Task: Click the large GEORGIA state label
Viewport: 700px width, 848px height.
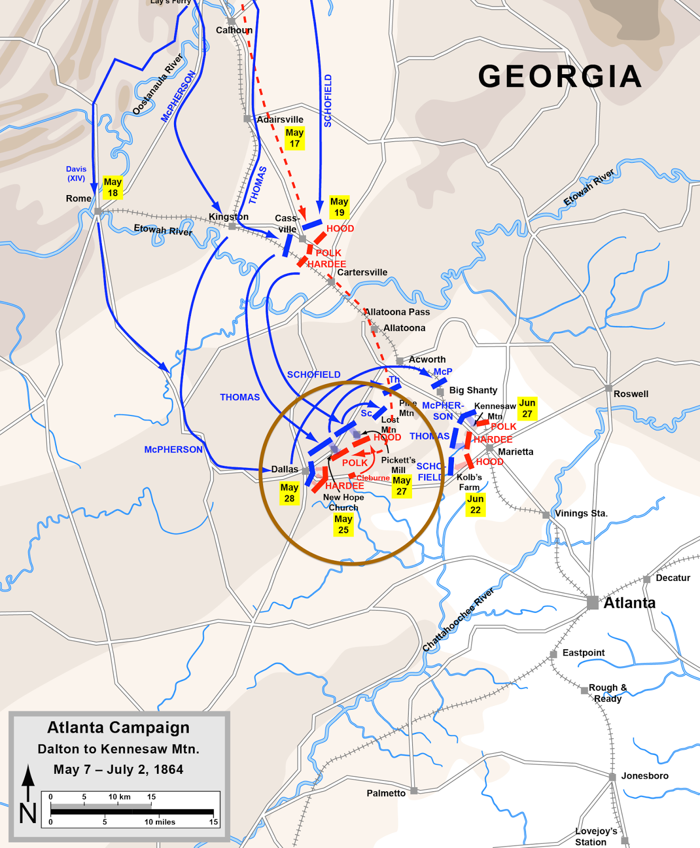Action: (560, 76)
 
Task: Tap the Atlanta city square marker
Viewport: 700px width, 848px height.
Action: (592, 603)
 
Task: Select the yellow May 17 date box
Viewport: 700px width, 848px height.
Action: (294, 138)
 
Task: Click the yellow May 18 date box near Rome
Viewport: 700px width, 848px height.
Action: (112, 188)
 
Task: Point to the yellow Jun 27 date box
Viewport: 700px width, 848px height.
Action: (527, 408)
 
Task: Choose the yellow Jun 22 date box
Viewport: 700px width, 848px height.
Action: (475, 505)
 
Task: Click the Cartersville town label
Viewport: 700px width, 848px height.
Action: (362, 272)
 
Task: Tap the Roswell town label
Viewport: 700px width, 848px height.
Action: (631, 394)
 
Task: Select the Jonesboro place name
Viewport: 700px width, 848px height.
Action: (644, 776)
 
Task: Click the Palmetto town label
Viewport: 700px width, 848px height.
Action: (386, 793)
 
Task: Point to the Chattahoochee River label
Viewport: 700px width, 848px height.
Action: (458, 620)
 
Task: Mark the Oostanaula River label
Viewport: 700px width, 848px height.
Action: (157, 84)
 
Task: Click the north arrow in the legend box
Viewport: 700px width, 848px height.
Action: (28, 784)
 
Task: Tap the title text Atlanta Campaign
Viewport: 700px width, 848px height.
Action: (118, 728)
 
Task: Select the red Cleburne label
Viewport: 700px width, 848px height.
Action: (373, 478)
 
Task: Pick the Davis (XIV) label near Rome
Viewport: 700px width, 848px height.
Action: (76, 173)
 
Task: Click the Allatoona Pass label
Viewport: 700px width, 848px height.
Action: (397, 312)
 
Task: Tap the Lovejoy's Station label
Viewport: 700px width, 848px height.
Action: (596, 836)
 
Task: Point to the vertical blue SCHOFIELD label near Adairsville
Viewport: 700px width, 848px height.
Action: (328, 101)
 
